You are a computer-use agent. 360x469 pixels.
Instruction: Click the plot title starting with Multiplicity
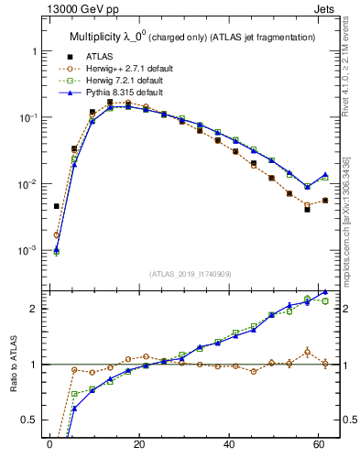click(192, 37)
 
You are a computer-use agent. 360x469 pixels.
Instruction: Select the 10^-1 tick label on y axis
click(27, 117)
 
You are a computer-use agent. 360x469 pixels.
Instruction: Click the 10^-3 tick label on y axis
click(27, 250)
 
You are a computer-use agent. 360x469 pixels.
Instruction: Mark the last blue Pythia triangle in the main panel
click(325, 174)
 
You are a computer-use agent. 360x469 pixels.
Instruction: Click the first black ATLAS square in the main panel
click(57, 206)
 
